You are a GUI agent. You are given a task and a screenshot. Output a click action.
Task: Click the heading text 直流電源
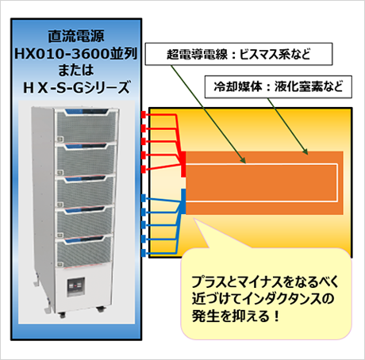pyautogui.click(x=76, y=36)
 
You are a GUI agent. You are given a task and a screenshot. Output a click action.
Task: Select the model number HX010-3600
pyautogui.click(x=62, y=54)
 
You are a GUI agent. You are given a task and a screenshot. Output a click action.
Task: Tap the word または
pyautogui.click(x=76, y=70)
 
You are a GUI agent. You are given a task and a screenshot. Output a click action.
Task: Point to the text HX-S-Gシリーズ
pyautogui.click(x=76, y=87)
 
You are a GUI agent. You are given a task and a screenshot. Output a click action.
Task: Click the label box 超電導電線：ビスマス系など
pyautogui.click(x=239, y=54)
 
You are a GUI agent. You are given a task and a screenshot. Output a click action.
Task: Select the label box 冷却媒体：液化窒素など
pyautogui.click(x=279, y=86)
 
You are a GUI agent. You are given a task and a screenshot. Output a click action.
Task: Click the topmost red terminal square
pyautogui.click(x=144, y=115)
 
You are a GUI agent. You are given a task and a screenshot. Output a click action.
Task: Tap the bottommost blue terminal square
pyautogui.click(x=144, y=253)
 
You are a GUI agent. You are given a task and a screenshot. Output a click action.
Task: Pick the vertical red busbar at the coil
pyautogui.click(x=183, y=164)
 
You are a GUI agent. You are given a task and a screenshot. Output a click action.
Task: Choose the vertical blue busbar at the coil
pyautogui.click(x=183, y=201)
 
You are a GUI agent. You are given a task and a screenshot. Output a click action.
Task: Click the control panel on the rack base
pyautogui.click(x=75, y=287)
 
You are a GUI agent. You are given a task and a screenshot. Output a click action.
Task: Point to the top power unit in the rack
pyautogui.click(x=86, y=124)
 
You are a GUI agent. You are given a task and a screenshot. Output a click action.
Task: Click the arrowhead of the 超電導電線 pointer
pyautogui.click(x=244, y=160)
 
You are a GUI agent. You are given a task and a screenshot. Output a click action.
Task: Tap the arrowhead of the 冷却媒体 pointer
pyautogui.click(x=305, y=151)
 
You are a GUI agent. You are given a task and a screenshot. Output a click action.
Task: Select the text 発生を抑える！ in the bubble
pyautogui.click(x=236, y=316)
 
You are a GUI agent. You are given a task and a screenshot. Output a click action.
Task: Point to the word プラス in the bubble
pyautogui.click(x=207, y=281)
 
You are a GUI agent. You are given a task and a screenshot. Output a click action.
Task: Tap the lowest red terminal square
pyautogui.click(x=144, y=169)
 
